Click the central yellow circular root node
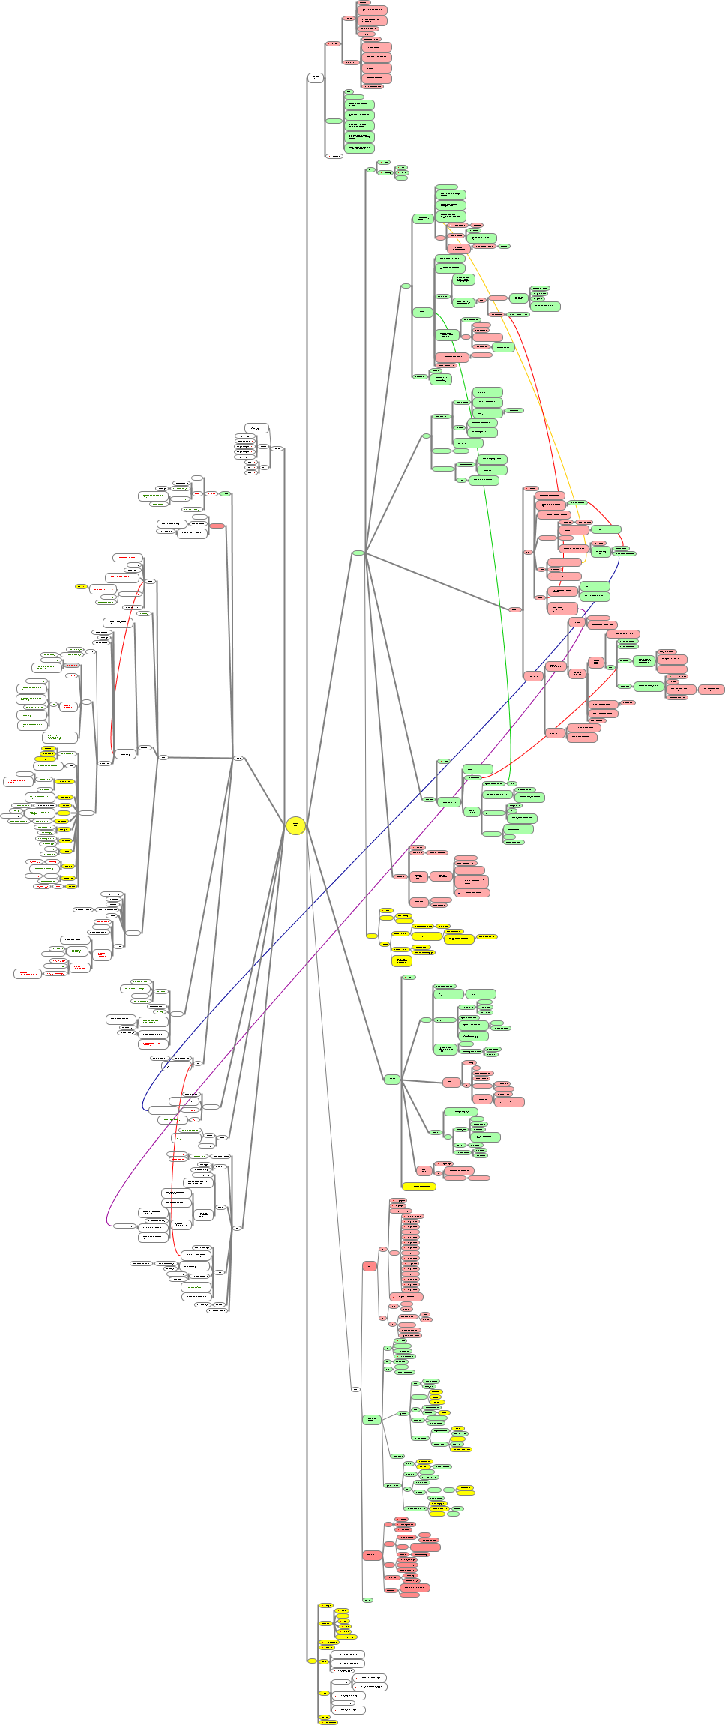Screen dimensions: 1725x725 [295, 825]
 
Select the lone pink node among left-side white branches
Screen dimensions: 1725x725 [217, 526]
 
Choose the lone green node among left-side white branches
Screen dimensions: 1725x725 [225, 493]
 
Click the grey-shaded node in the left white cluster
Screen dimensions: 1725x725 [72, 665]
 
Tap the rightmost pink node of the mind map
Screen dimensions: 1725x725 [711, 689]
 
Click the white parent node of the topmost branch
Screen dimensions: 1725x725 [316, 78]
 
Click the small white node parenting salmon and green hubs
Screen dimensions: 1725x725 [355, 1389]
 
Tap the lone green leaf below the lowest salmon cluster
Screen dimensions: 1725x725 [367, 1600]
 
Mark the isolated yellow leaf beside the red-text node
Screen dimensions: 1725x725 [81, 586]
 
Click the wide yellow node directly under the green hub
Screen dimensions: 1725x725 [418, 1187]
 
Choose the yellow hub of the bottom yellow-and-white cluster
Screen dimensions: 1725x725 [312, 1661]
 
